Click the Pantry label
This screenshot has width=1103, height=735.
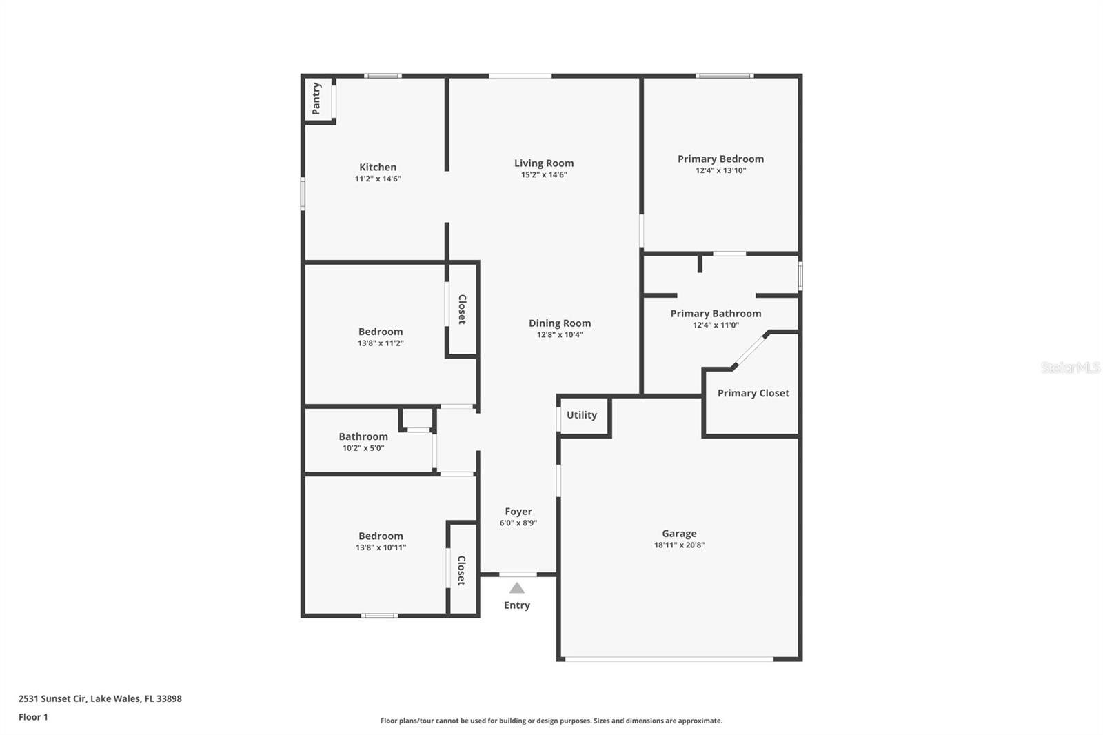pyautogui.click(x=316, y=99)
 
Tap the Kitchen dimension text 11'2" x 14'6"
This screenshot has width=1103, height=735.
pyautogui.click(x=378, y=179)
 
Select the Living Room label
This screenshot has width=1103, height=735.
pyautogui.click(x=544, y=163)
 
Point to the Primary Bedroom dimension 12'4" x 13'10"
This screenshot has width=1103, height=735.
pyautogui.click(x=720, y=170)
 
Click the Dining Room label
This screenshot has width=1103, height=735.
pyautogui.click(x=560, y=323)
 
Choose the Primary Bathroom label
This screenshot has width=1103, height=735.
pyautogui.click(x=716, y=314)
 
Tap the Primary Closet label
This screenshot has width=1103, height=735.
pyautogui.click(x=753, y=393)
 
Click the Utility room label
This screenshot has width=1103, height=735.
pyautogui.click(x=582, y=415)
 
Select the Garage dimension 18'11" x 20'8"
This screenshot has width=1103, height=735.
pyautogui.click(x=679, y=545)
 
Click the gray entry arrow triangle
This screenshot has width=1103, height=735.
pyautogui.click(x=517, y=588)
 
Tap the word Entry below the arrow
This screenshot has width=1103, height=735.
pyautogui.click(x=517, y=605)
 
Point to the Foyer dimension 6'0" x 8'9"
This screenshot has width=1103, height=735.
pyautogui.click(x=518, y=523)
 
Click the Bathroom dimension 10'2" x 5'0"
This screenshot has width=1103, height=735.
pyautogui.click(x=363, y=448)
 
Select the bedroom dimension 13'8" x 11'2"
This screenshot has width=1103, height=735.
pyautogui.click(x=381, y=343)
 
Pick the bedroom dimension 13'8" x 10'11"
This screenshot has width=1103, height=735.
pyautogui.click(x=381, y=547)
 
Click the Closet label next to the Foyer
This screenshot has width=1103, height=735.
pyautogui.click(x=462, y=570)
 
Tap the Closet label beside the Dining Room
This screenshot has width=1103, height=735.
pyautogui.click(x=463, y=309)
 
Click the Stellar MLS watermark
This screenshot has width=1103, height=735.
pyautogui.click(x=1070, y=367)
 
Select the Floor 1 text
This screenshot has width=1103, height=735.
pyautogui.click(x=33, y=717)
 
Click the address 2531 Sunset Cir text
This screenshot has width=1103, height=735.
pyautogui.click(x=100, y=698)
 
